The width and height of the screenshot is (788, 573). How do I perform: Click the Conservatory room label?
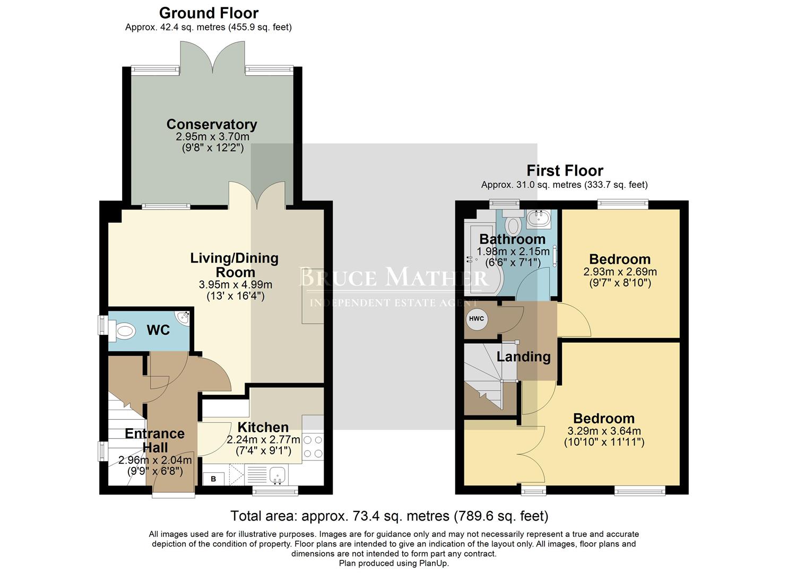point(212,124)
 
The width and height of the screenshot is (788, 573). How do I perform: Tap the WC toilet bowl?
point(124,332)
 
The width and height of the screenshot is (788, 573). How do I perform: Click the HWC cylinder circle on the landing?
point(476,319)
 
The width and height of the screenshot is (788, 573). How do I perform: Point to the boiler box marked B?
point(213,479)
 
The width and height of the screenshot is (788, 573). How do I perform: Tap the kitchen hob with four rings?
point(313,447)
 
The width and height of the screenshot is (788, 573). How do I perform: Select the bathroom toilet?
point(513,225)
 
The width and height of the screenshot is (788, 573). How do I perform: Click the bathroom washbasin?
point(539,218)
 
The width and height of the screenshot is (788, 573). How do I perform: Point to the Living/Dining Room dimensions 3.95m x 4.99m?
point(235,285)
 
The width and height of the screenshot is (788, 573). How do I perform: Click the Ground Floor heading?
point(209,13)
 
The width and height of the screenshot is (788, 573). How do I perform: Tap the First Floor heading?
point(565,171)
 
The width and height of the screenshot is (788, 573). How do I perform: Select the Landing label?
point(523,357)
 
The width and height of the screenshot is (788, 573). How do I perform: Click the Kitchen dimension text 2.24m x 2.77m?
point(263,440)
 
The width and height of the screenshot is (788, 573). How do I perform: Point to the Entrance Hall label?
point(154,440)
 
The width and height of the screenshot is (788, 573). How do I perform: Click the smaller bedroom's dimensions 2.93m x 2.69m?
point(620,272)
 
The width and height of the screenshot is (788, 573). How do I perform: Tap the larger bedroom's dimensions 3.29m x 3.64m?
point(604,431)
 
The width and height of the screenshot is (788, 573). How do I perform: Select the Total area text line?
point(389,516)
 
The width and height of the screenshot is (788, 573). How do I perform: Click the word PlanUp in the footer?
point(434,563)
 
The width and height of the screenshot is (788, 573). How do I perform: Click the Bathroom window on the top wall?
point(504,202)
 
